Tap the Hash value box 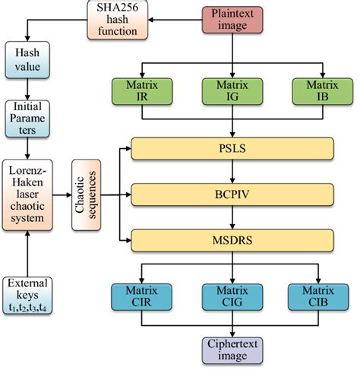pos(28,59)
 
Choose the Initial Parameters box pos(28,118)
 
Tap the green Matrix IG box pos(232,90)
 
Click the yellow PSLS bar pos(232,147)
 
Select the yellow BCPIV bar pos(232,194)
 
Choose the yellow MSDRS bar pos(232,240)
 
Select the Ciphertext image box pos(232,350)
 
